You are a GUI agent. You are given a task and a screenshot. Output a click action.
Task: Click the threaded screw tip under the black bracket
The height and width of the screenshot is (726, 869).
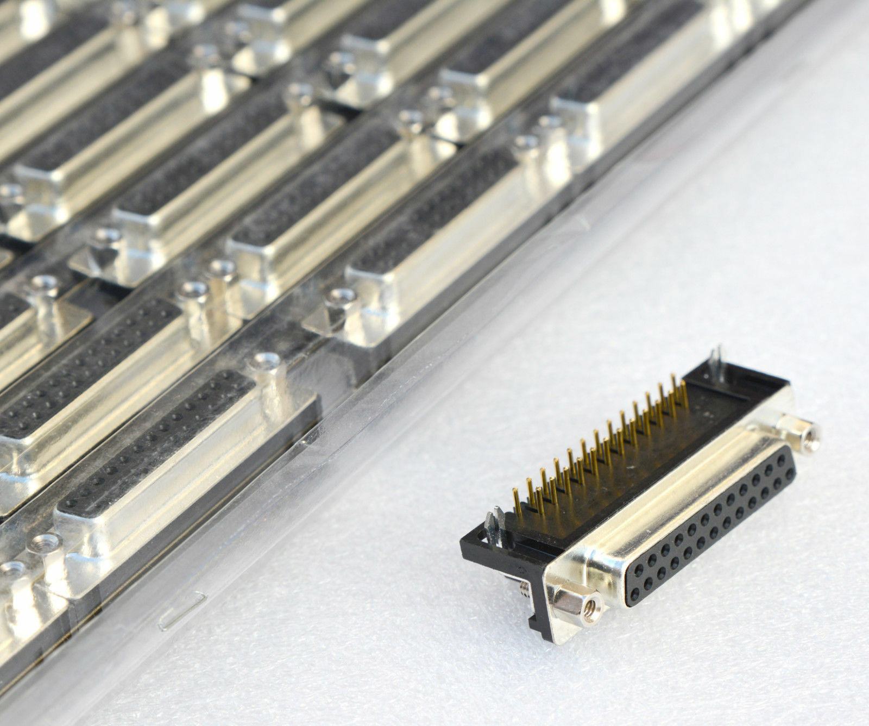[525, 586]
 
